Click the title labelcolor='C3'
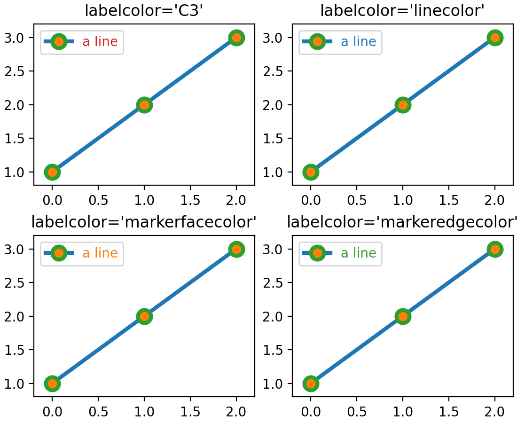(144, 11)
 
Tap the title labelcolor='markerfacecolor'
(144, 222)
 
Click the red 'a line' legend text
(100, 41)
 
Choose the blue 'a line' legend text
(358, 41)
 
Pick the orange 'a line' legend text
(100, 253)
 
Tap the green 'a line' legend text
(358, 253)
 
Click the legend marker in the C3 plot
(59, 41)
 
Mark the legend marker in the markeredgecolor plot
(317, 253)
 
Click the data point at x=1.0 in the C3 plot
(144, 105)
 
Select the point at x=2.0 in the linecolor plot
(494, 38)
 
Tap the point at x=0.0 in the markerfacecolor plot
(52, 384)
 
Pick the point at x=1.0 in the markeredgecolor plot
(402, 316)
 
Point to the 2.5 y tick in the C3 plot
(16, 71)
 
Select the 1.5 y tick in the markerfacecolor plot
(16, 350)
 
